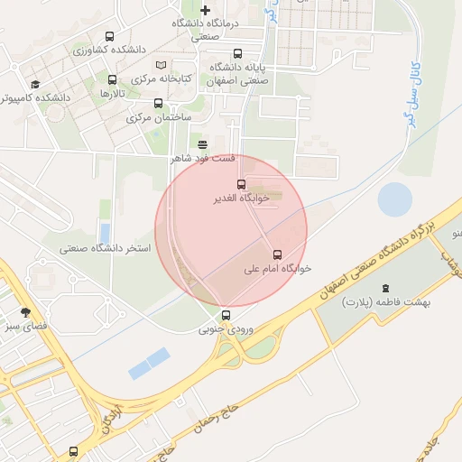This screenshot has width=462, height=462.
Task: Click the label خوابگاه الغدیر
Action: pos(239,198)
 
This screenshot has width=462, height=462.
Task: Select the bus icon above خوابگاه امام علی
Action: pos(277,254)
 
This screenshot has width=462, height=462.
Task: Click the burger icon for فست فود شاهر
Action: pos(201,143)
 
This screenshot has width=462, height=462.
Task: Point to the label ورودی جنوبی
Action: pos(227,330)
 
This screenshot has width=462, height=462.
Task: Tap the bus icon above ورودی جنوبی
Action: pos(226,315)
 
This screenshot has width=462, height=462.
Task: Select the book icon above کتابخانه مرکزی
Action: pos(161,66)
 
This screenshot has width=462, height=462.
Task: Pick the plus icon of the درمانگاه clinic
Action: pos(205,10)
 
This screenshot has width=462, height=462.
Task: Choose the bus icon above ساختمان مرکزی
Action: pos(158,103)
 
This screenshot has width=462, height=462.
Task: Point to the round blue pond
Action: pos(394,199)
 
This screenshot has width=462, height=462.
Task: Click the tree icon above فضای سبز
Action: pos(24,311)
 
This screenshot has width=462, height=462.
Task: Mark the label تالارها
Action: pos(110,94)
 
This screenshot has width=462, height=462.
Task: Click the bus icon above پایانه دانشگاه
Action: pos(237,54)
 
